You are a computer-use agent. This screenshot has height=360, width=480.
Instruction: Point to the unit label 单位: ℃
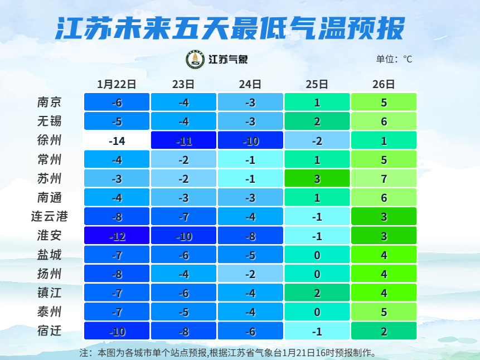(x=394, y=59)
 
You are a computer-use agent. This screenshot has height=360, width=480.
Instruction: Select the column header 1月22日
(x=117, y=84)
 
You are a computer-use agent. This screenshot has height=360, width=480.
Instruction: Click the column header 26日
(x=384, y=84)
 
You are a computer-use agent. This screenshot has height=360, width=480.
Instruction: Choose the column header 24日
(x=250, y=84)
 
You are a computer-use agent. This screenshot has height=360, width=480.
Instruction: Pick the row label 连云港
(x=49, y=217)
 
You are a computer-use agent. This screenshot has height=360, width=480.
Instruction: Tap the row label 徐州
(x=49, y=140)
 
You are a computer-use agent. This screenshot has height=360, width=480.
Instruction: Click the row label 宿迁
(x=49, y=331)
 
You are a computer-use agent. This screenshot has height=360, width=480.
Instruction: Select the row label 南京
(x=49, y=102)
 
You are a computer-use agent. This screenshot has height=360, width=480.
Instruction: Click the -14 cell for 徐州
(x=117, y=140)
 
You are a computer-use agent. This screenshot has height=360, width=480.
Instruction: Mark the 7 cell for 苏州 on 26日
(x=384, y=179)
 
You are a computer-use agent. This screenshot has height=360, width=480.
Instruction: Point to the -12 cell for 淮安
(x=117, y=236)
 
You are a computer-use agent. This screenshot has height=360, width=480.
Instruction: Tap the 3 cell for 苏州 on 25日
(x=317, y=179)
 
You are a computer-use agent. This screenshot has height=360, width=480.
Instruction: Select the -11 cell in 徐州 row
(x=183, y=140)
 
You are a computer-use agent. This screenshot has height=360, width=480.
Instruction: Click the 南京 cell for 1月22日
(x=117, y=103)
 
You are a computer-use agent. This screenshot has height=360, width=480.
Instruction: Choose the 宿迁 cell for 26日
(x=384, y=331)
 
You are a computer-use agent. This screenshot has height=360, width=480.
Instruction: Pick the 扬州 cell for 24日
(x=250, y=274)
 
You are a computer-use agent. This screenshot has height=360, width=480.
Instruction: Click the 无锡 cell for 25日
(x=317, y=121)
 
